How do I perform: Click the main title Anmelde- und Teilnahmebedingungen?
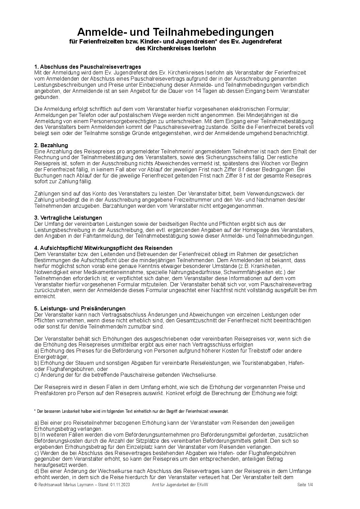[x=175, y=32]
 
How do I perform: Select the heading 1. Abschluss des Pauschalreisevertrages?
[x=87, y=67]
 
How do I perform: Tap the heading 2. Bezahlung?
[x=51, y=145]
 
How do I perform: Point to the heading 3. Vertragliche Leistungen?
[x=68, y=218]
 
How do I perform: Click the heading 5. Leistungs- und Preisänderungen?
[x=80, y=308]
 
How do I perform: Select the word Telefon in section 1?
[x=84, y=115]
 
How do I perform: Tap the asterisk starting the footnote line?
[x=35, y=411]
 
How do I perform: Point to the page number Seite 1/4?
[x=305, y=485]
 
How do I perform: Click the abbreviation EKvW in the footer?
[x=201, y=485]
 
